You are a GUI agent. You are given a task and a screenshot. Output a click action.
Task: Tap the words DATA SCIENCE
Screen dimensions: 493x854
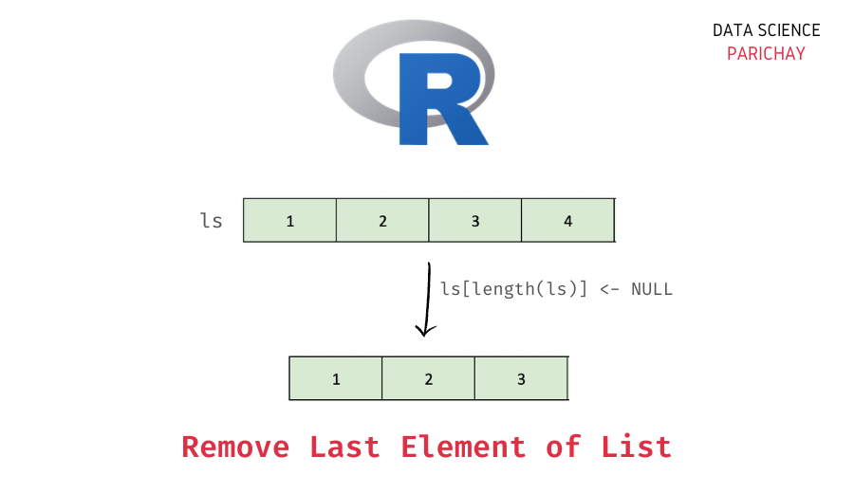coord(766,30)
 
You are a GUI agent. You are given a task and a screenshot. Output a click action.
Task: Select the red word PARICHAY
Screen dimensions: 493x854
coord(766,54)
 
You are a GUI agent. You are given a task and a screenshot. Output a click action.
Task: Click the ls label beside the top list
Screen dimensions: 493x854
coord(211,221)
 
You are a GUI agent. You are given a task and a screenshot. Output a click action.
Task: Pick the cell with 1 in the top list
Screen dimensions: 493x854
coord(290,221)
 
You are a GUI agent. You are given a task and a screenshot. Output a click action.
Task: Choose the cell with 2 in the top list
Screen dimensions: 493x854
coord(382,221)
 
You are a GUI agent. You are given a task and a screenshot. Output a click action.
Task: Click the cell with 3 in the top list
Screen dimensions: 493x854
coord(475,221)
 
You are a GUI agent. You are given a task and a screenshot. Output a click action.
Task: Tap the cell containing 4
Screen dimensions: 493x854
coord(567,221)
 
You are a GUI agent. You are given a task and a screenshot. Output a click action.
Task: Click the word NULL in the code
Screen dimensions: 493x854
coord(652,289)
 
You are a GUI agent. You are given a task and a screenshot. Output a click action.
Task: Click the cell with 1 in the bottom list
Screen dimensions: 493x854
coord(336,379)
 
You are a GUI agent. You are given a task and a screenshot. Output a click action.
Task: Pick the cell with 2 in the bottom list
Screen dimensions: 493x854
coord(429,379)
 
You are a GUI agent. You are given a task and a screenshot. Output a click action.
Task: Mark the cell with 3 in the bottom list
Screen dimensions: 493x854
coord(521,379)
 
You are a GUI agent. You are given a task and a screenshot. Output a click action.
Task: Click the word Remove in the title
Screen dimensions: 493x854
coord(235,447)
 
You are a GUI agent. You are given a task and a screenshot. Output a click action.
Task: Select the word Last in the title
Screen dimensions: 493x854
coord(343,447)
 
